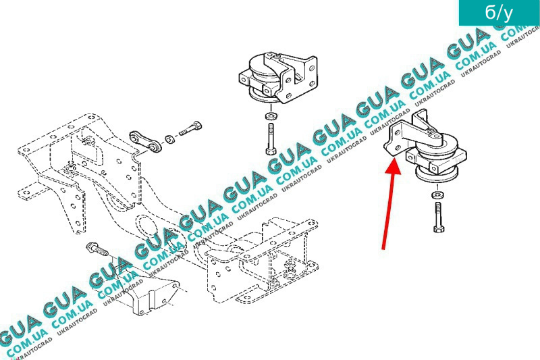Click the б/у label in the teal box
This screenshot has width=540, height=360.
point(499,13)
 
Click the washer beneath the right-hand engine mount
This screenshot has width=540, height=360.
point(437,195)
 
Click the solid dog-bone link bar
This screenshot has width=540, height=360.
point(145,141)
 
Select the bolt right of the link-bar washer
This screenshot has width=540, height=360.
point(190,128)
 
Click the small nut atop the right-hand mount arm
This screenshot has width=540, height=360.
point(431,130)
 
